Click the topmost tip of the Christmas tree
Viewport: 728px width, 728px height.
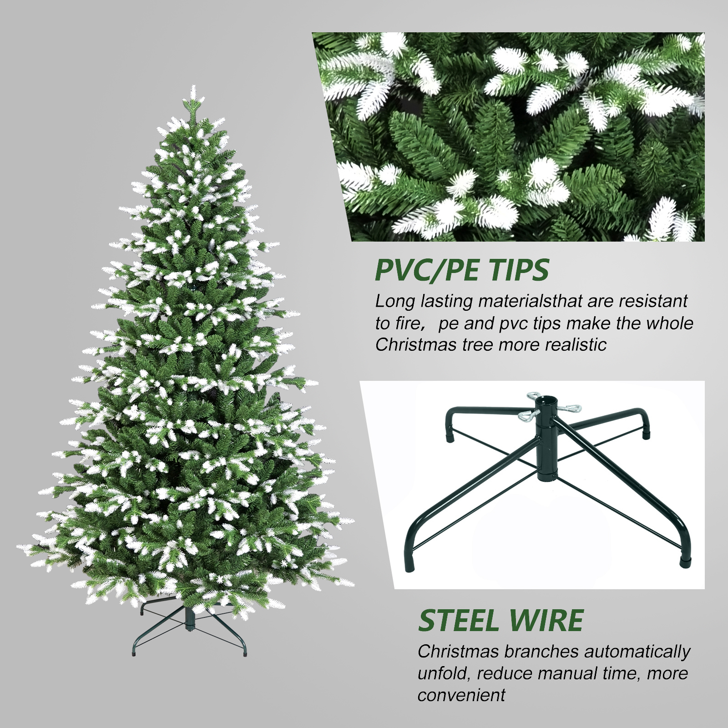pos(193,86)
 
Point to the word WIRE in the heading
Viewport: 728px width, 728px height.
pos(546,620)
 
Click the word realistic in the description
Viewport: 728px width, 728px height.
pos(576,344)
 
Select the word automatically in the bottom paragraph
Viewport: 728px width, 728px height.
pos(637,652)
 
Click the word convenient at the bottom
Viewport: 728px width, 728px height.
pos(461,695)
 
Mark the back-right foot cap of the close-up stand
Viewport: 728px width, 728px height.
pos(647,434)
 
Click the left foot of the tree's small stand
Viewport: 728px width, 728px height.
pos(134,654)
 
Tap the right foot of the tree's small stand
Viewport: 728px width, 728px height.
pos(245,654)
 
